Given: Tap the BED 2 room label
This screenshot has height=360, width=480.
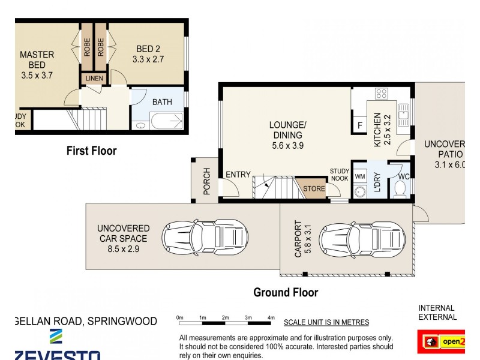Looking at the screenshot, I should click(x=148, y=54).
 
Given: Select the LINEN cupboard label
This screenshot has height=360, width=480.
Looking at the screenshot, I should click(x=94, y=79).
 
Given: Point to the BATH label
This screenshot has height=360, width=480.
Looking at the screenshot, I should click(x=161, y=102).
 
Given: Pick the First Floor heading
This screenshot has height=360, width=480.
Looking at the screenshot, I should click(x=91, y=151).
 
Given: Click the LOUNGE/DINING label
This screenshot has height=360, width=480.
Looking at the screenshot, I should click(x=287, y=130).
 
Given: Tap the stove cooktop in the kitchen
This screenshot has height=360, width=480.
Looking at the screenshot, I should click(x=381, y=93).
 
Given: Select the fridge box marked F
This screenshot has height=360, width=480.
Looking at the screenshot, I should click(x=359, y=126).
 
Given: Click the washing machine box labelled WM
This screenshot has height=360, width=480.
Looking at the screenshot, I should click(x=360, y=176).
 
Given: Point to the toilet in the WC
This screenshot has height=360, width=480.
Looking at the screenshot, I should click(x=400, y=190).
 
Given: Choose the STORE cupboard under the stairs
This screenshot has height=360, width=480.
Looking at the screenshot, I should click(x=313, y=188).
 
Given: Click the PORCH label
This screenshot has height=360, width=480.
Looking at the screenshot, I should click(x=206, y=181).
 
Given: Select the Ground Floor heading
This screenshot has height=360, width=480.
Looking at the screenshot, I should click(x=286, y=293).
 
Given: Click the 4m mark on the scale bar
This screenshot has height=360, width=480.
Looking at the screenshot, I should click(x=271, y=318).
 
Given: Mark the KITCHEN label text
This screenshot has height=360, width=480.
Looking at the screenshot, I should click(x=378, y=130).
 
